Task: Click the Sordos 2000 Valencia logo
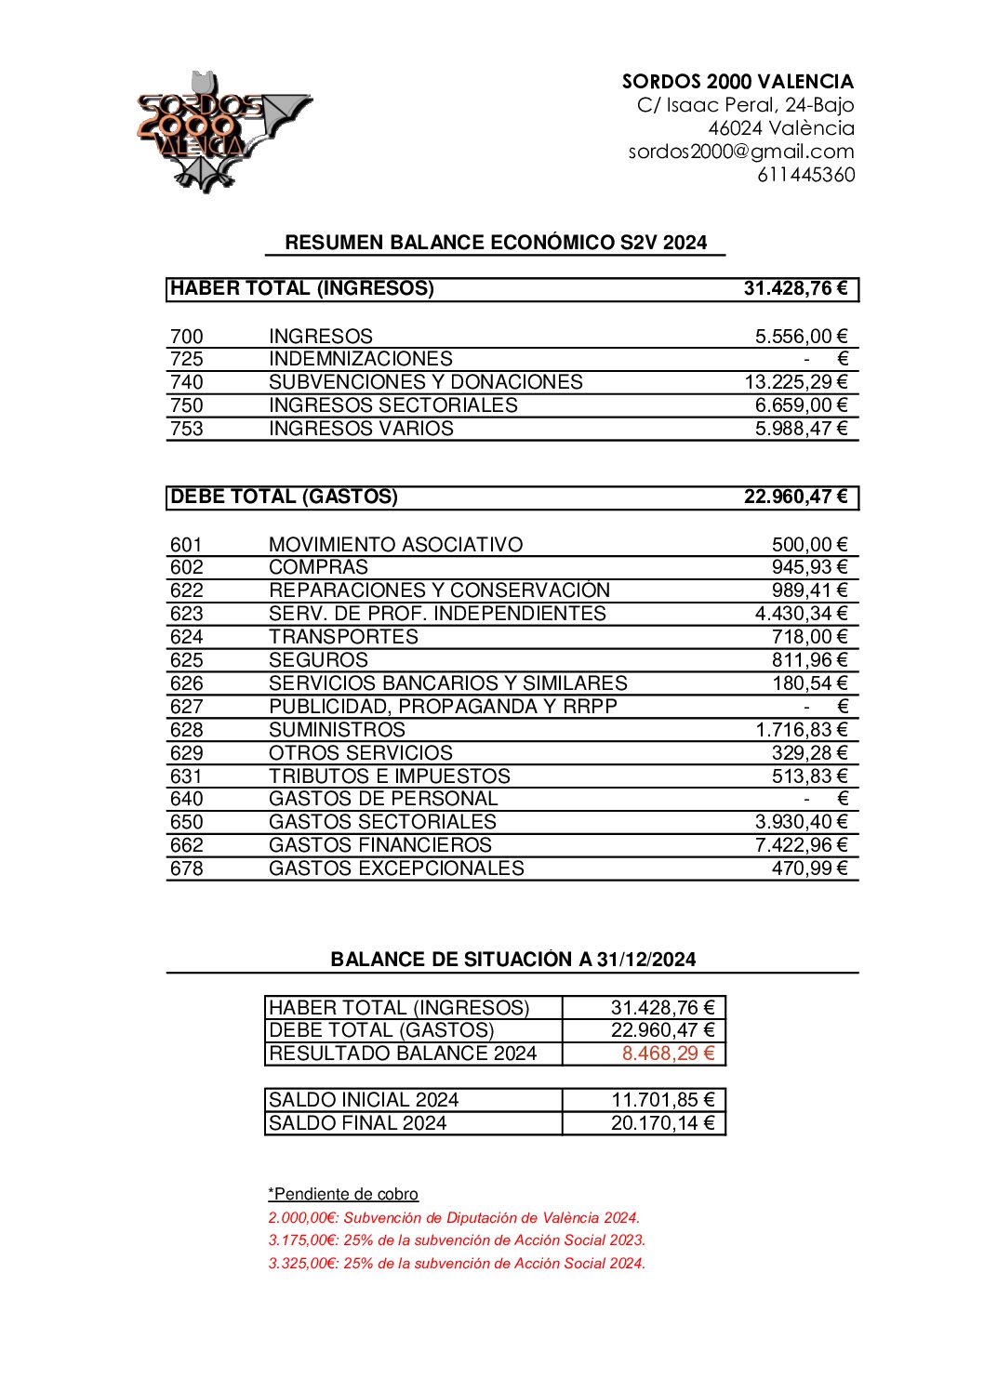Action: [223, 131]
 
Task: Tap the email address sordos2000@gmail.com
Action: [740, 152]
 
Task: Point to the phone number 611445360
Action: [805, 175]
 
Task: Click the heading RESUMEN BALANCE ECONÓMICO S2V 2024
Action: [495, 243]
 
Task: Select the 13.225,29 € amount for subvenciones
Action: [795, 382]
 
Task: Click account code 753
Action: [186, 429]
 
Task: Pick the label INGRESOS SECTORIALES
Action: [392, 405]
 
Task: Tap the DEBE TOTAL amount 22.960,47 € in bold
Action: [795, 497]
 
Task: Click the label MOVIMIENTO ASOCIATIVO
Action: [395, 545]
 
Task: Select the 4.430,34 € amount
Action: [801, 614]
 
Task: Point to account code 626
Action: [186, 683]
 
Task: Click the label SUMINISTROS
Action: [337, 730]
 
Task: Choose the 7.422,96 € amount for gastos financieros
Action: [801, 845]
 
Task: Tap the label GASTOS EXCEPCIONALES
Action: [396, 868]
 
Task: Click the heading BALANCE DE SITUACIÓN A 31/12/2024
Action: [512, 960]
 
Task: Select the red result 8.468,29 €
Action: [668, 1054]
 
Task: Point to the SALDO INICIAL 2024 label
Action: [364, 1100]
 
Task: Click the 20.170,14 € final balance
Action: [662, 1123]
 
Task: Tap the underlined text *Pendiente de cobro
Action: [343, 1195]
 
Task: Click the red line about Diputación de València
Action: [454, 1218]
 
